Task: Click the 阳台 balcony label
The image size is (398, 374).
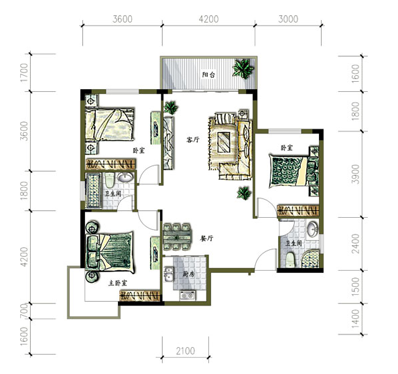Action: click(208, 74)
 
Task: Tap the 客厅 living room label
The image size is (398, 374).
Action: click(193, 139)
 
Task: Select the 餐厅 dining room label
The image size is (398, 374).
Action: click(207, 239)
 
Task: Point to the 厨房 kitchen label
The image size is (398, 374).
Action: click(188, 275)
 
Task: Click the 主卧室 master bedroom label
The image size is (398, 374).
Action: click(118, 283)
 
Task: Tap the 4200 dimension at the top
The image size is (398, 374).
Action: click(208, 19)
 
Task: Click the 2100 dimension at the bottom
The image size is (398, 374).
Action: click(186, 351)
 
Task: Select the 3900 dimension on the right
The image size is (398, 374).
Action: click(356, 174)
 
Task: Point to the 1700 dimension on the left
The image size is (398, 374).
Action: click(24, 72)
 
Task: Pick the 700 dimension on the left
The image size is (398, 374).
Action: click(24, 311)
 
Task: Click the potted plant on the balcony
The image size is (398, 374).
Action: click(243, 68)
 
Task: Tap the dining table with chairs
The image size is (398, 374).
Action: click(177, 237)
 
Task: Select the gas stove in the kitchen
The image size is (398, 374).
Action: click(188, 296)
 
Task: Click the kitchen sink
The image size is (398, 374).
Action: click(169, 275)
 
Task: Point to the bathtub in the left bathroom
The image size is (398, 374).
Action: click(93, 190)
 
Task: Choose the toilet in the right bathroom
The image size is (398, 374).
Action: click(289, 260)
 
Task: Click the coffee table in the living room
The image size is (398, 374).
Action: click(224, 143)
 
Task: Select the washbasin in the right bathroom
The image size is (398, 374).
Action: click(312, 229)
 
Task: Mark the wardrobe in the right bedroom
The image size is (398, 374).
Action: click(298, 211)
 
